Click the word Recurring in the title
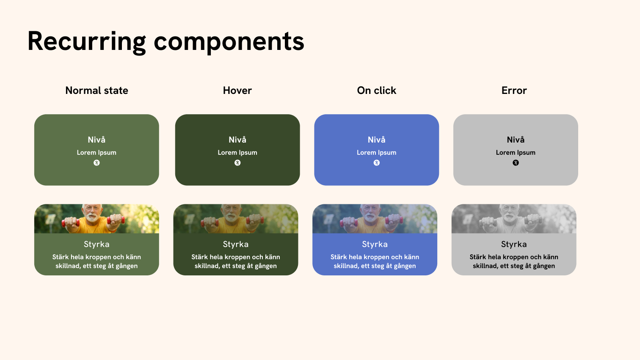tap(87, 41)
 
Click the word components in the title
tap(229, 41)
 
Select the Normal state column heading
tap(97, 91)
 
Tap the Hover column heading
tap(237, 91)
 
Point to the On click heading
tap(376, 91)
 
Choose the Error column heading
tap(514, 91)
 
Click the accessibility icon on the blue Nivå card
tap(376, 163)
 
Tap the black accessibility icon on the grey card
tap(516, 163)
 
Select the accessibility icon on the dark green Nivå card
tap(237, 163)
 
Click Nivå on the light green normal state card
tap(97, 140)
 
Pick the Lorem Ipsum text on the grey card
tap(516, 153)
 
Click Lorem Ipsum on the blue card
tap(376, 153)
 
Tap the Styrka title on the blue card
tap(375, 244)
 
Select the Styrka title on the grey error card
tap(514, 244)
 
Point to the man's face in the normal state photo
tap(92, 213)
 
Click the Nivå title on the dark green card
tap(237, 140)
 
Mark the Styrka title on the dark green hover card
tap(236, 244)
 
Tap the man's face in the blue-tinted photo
tap(370, 213)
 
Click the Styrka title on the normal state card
tap(97, 244)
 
